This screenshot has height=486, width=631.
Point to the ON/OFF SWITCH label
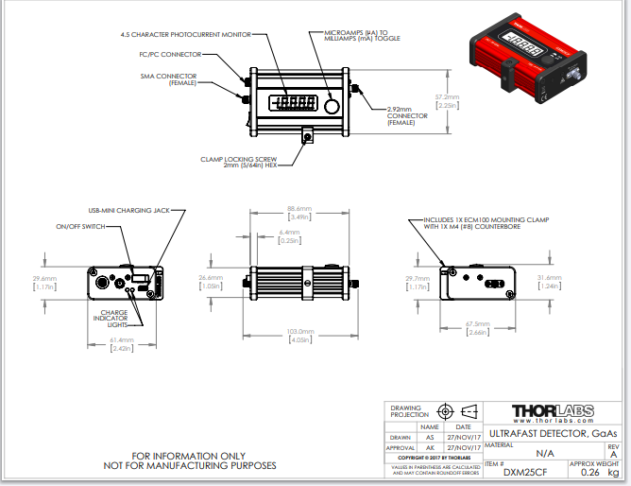pos(80,227)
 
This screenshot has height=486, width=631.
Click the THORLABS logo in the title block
pos(554,411)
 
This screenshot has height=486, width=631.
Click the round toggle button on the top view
pos(331,104)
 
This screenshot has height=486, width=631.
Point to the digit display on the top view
pos(293,104)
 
